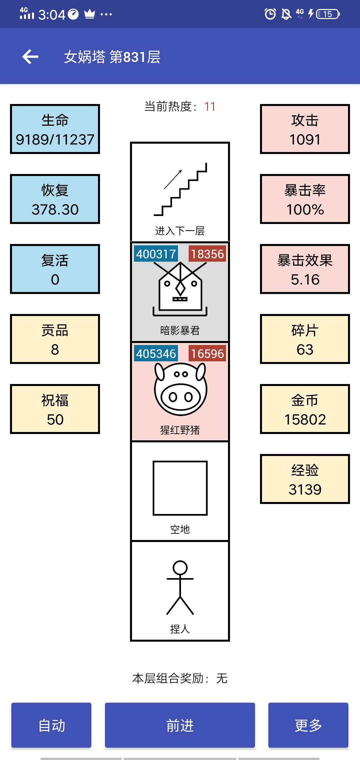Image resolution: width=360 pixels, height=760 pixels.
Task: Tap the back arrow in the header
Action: click(30, 57)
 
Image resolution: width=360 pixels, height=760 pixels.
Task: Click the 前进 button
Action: click(180, 725)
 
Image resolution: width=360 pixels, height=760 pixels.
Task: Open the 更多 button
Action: click(308, 725)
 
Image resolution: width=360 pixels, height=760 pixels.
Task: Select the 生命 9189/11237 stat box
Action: click(55, 129)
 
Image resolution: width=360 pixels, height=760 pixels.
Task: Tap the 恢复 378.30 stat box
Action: click(55, 199)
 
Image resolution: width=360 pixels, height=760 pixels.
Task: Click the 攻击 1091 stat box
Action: click(305, 129)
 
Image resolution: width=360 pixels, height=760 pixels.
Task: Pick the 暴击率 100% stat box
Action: click(305, 199)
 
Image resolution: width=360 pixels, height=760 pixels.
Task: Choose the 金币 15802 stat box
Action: click(305, 409)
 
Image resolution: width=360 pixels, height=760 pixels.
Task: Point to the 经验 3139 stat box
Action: click(305, 479)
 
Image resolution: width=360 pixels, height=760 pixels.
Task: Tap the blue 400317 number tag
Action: click(156, 254)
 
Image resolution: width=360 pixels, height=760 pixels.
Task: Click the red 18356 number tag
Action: click(207, 254)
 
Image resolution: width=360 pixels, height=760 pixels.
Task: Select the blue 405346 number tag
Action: click(156, 353)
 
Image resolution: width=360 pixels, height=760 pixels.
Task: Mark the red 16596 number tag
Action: click(207, 353)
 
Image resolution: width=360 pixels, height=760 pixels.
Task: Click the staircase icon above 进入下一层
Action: click(180, 189)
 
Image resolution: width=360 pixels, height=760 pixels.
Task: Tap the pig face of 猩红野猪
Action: click(180, 389)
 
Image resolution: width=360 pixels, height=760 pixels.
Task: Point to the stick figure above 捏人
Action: click(180, 587)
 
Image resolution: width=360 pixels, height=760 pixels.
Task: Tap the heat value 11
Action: click(210, 107)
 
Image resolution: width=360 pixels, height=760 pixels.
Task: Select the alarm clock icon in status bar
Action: click(270, 14)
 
